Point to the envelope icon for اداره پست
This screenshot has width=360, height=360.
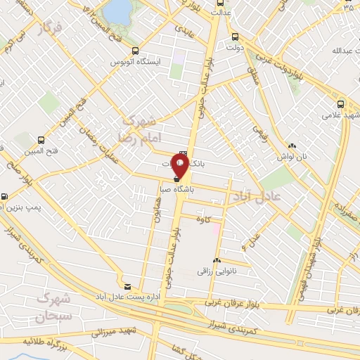[127, 286]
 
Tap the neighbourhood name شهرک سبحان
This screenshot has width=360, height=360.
[60, 306]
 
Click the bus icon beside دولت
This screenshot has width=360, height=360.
[234, 37]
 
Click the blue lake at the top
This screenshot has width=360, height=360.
[118, 11]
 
